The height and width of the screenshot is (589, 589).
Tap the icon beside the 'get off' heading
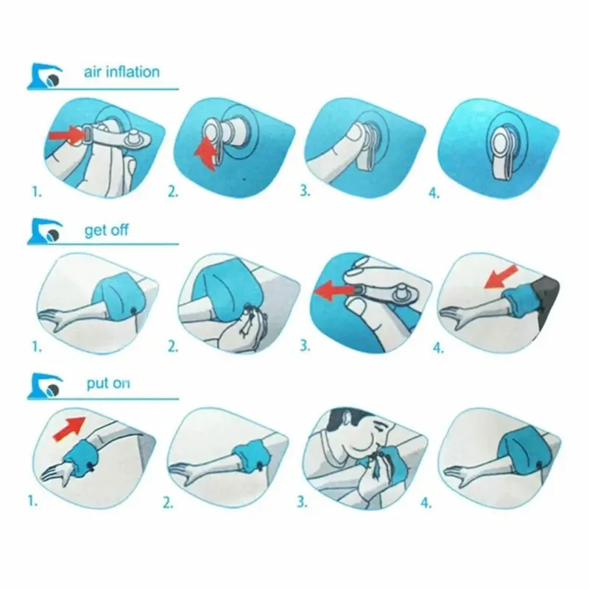(49, 233)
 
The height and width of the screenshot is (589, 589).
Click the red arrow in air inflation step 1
(66, 135)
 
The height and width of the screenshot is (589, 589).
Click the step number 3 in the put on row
(301, 504)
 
